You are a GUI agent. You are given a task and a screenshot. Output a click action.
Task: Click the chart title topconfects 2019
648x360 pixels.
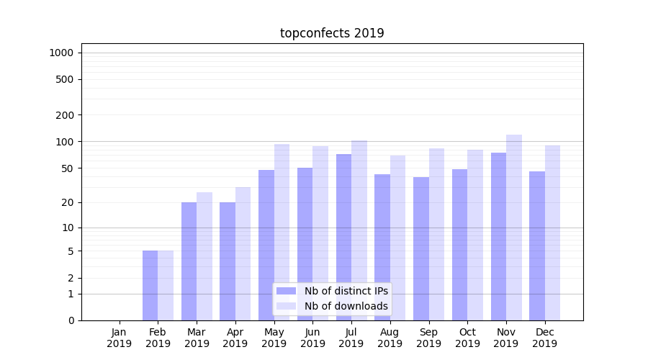[332, 33]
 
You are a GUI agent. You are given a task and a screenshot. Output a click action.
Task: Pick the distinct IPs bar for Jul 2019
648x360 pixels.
[343, 237]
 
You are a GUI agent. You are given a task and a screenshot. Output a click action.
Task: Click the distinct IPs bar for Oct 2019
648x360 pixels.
[459, 245]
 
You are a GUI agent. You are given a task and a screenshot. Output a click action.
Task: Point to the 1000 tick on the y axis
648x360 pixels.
[61, 53]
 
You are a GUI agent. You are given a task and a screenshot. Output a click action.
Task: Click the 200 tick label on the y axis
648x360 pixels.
[65, 115]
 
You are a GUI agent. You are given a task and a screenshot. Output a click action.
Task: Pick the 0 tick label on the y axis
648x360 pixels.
[71, 320]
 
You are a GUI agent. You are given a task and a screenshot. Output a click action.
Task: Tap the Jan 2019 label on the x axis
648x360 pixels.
[120, 338]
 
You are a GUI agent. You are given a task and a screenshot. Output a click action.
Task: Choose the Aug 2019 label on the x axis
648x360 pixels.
[390, 338]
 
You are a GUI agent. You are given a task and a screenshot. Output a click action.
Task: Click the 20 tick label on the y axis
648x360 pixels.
[68, 202]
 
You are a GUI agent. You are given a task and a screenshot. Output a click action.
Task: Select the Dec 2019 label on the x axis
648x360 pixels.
[545, 338]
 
